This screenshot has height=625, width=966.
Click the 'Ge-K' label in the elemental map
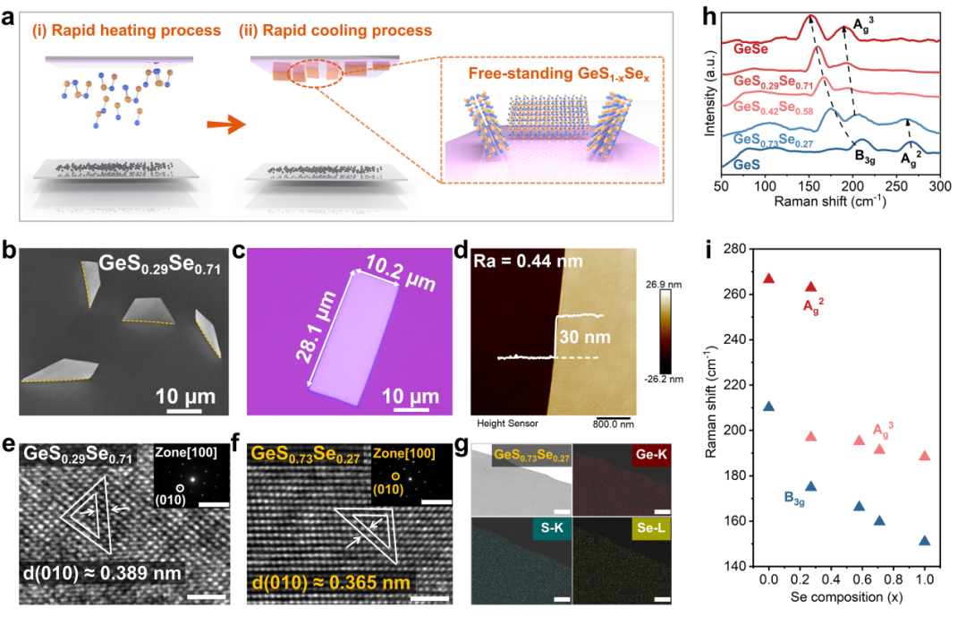click(649, 455)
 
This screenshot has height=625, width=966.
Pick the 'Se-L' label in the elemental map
click(648, 528)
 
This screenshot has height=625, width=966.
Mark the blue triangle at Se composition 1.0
click(924, 540)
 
